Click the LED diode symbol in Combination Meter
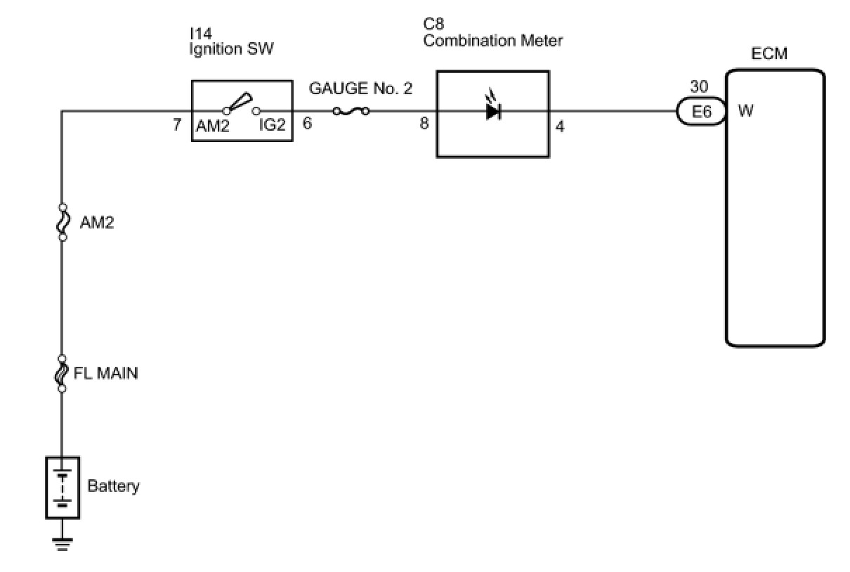click(x=492, y=110)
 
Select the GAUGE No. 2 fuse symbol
click(x=350, y=110)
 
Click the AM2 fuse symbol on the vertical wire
click(x=63, y=222)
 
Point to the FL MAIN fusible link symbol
click(x=62, y=373)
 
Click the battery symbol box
click(x=63, y=488)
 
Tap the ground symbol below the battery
click(x=63, y=543)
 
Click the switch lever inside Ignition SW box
click(x=240, y=103)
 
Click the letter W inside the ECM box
click(x=746, y=111)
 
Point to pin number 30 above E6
click(x=699, y=86)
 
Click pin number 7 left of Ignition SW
click(x=177, y=126)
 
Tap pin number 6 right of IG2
click(x=307, y=124)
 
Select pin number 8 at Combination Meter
click(x=424, y=124)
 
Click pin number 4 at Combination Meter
click(x=560, y=127)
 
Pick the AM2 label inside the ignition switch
click(x=214, y=126)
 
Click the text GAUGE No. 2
click(x=360, y=89)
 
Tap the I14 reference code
click(x=200, y=34)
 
